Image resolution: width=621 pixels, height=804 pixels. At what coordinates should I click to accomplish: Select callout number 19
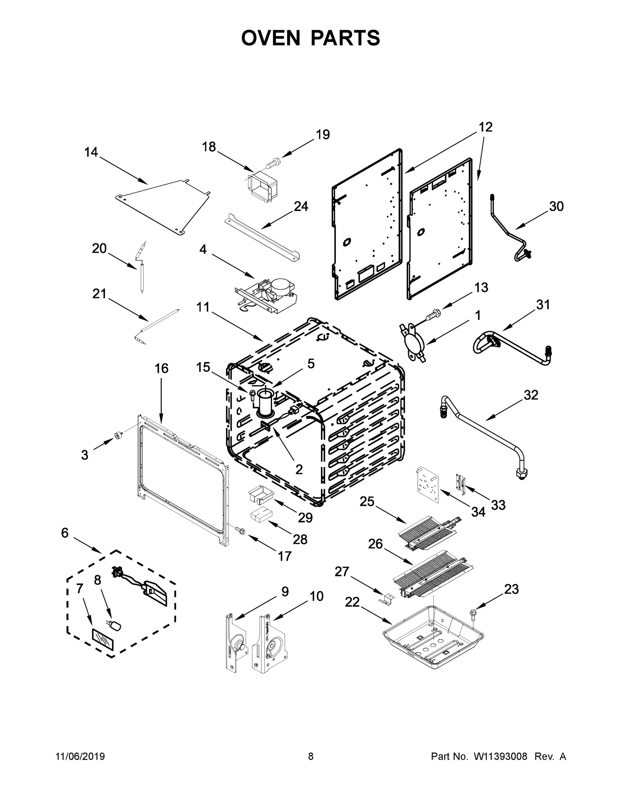[323, 135]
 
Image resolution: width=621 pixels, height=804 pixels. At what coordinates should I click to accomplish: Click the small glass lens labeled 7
[103, 641]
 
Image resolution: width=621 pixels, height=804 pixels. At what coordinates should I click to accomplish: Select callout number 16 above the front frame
[161, 368]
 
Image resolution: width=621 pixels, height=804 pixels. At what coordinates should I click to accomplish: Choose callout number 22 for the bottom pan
[352, 602]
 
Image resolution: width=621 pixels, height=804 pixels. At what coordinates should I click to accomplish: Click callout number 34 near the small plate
[478, 512]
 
